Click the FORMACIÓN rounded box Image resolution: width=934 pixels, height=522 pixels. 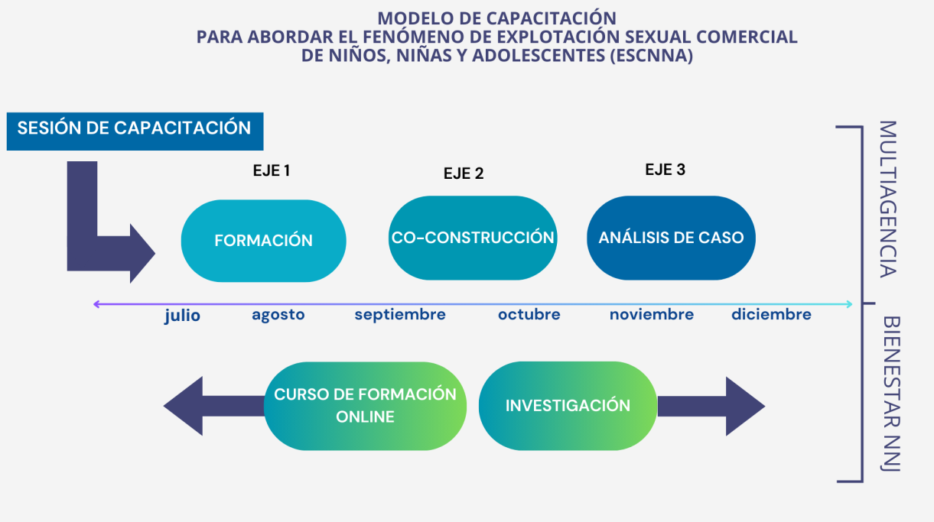pos(263,241)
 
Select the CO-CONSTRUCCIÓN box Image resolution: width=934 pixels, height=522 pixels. pos(473,238)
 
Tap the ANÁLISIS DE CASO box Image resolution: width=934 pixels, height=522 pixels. pos(671,238)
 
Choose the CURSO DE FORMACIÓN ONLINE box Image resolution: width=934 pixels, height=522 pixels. pos(365,406)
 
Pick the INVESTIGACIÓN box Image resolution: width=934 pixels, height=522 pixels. pos(568,406)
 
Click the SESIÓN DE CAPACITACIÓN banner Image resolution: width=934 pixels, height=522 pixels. pos(135,131)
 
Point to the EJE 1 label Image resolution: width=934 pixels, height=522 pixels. pos(272,170)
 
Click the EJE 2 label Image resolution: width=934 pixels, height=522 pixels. pos(464,173)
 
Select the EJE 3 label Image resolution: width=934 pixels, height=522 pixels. pos(665,170)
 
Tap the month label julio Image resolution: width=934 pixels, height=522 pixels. pos(182,316)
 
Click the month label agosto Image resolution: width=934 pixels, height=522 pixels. pos(278,315)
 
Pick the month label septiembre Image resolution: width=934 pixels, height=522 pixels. pos(400,315)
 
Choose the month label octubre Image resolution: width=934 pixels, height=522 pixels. pos(529,315)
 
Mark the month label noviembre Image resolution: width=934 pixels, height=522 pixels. pos(652,315)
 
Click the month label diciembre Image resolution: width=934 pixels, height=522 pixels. pos(771,315)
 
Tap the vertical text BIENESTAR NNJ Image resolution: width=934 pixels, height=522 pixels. pos(891,394)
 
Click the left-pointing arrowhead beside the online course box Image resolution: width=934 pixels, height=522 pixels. pos(183,406)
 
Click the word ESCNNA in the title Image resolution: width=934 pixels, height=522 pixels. pos(651,55)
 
